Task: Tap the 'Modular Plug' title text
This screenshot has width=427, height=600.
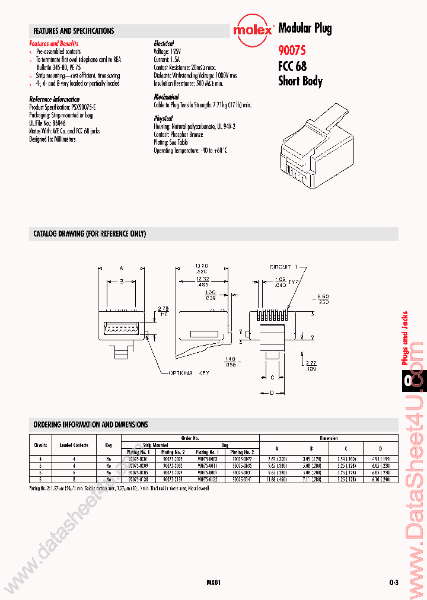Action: click(305, 28)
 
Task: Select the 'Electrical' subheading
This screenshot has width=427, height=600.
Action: click(164, 44)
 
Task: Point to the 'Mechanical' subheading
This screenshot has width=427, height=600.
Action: click(167, 97)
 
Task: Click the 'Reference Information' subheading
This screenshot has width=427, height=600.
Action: click(55, 99)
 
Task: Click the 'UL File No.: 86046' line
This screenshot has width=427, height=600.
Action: click(48, 123)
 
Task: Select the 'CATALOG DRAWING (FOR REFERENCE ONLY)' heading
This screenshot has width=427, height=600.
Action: click(90, 234)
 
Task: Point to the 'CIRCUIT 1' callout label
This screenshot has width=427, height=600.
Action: click(286, 267)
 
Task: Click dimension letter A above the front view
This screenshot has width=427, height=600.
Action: click(121, 267)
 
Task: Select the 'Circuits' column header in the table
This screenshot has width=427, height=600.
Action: click(40, 445)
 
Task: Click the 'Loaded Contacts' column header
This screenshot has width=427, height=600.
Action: click(74, 445)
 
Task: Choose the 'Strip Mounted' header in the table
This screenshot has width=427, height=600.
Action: click(155, 444)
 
